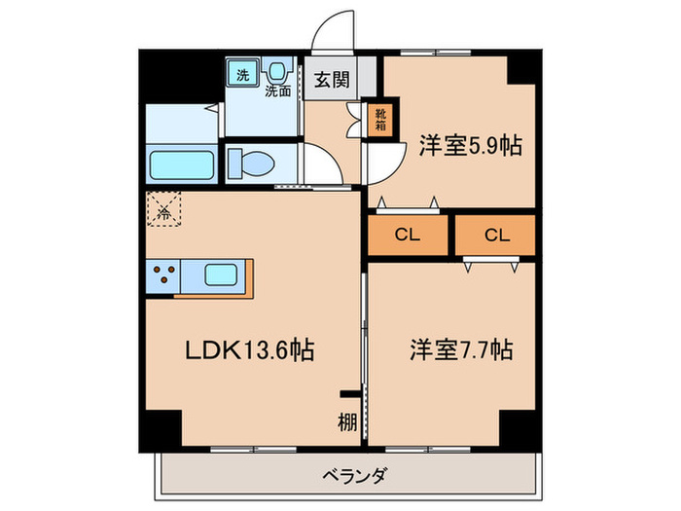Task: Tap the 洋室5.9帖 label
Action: click(471, 147)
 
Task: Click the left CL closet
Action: click(407, 236)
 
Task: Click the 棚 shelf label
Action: click(347, 421)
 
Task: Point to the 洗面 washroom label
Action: click(279, 91)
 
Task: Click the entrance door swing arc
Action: click(335, 31)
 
